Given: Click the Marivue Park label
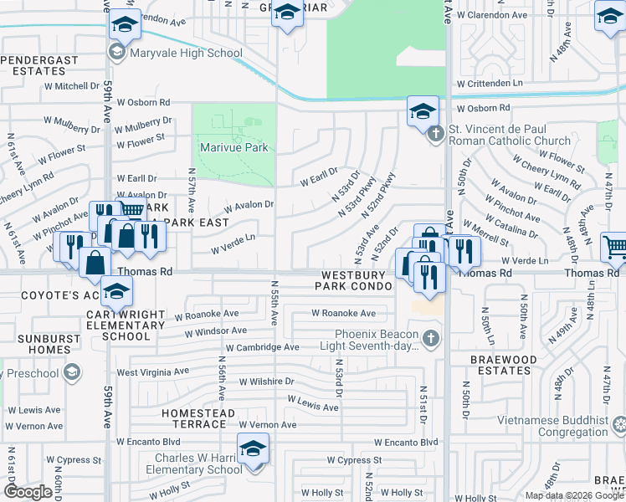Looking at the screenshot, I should (233, 148).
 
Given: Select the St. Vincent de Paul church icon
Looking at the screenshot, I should (435, 134).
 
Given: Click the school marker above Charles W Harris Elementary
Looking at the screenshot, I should (253, 449).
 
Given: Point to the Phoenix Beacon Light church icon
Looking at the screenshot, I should (431, 339).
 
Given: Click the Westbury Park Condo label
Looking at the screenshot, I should (353, 280).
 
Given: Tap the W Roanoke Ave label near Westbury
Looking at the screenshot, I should (343, 313).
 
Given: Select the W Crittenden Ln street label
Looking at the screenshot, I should (489, 84).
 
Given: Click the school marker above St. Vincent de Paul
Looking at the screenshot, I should (423, 110).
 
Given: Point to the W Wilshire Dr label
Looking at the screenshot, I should (267, 382).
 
